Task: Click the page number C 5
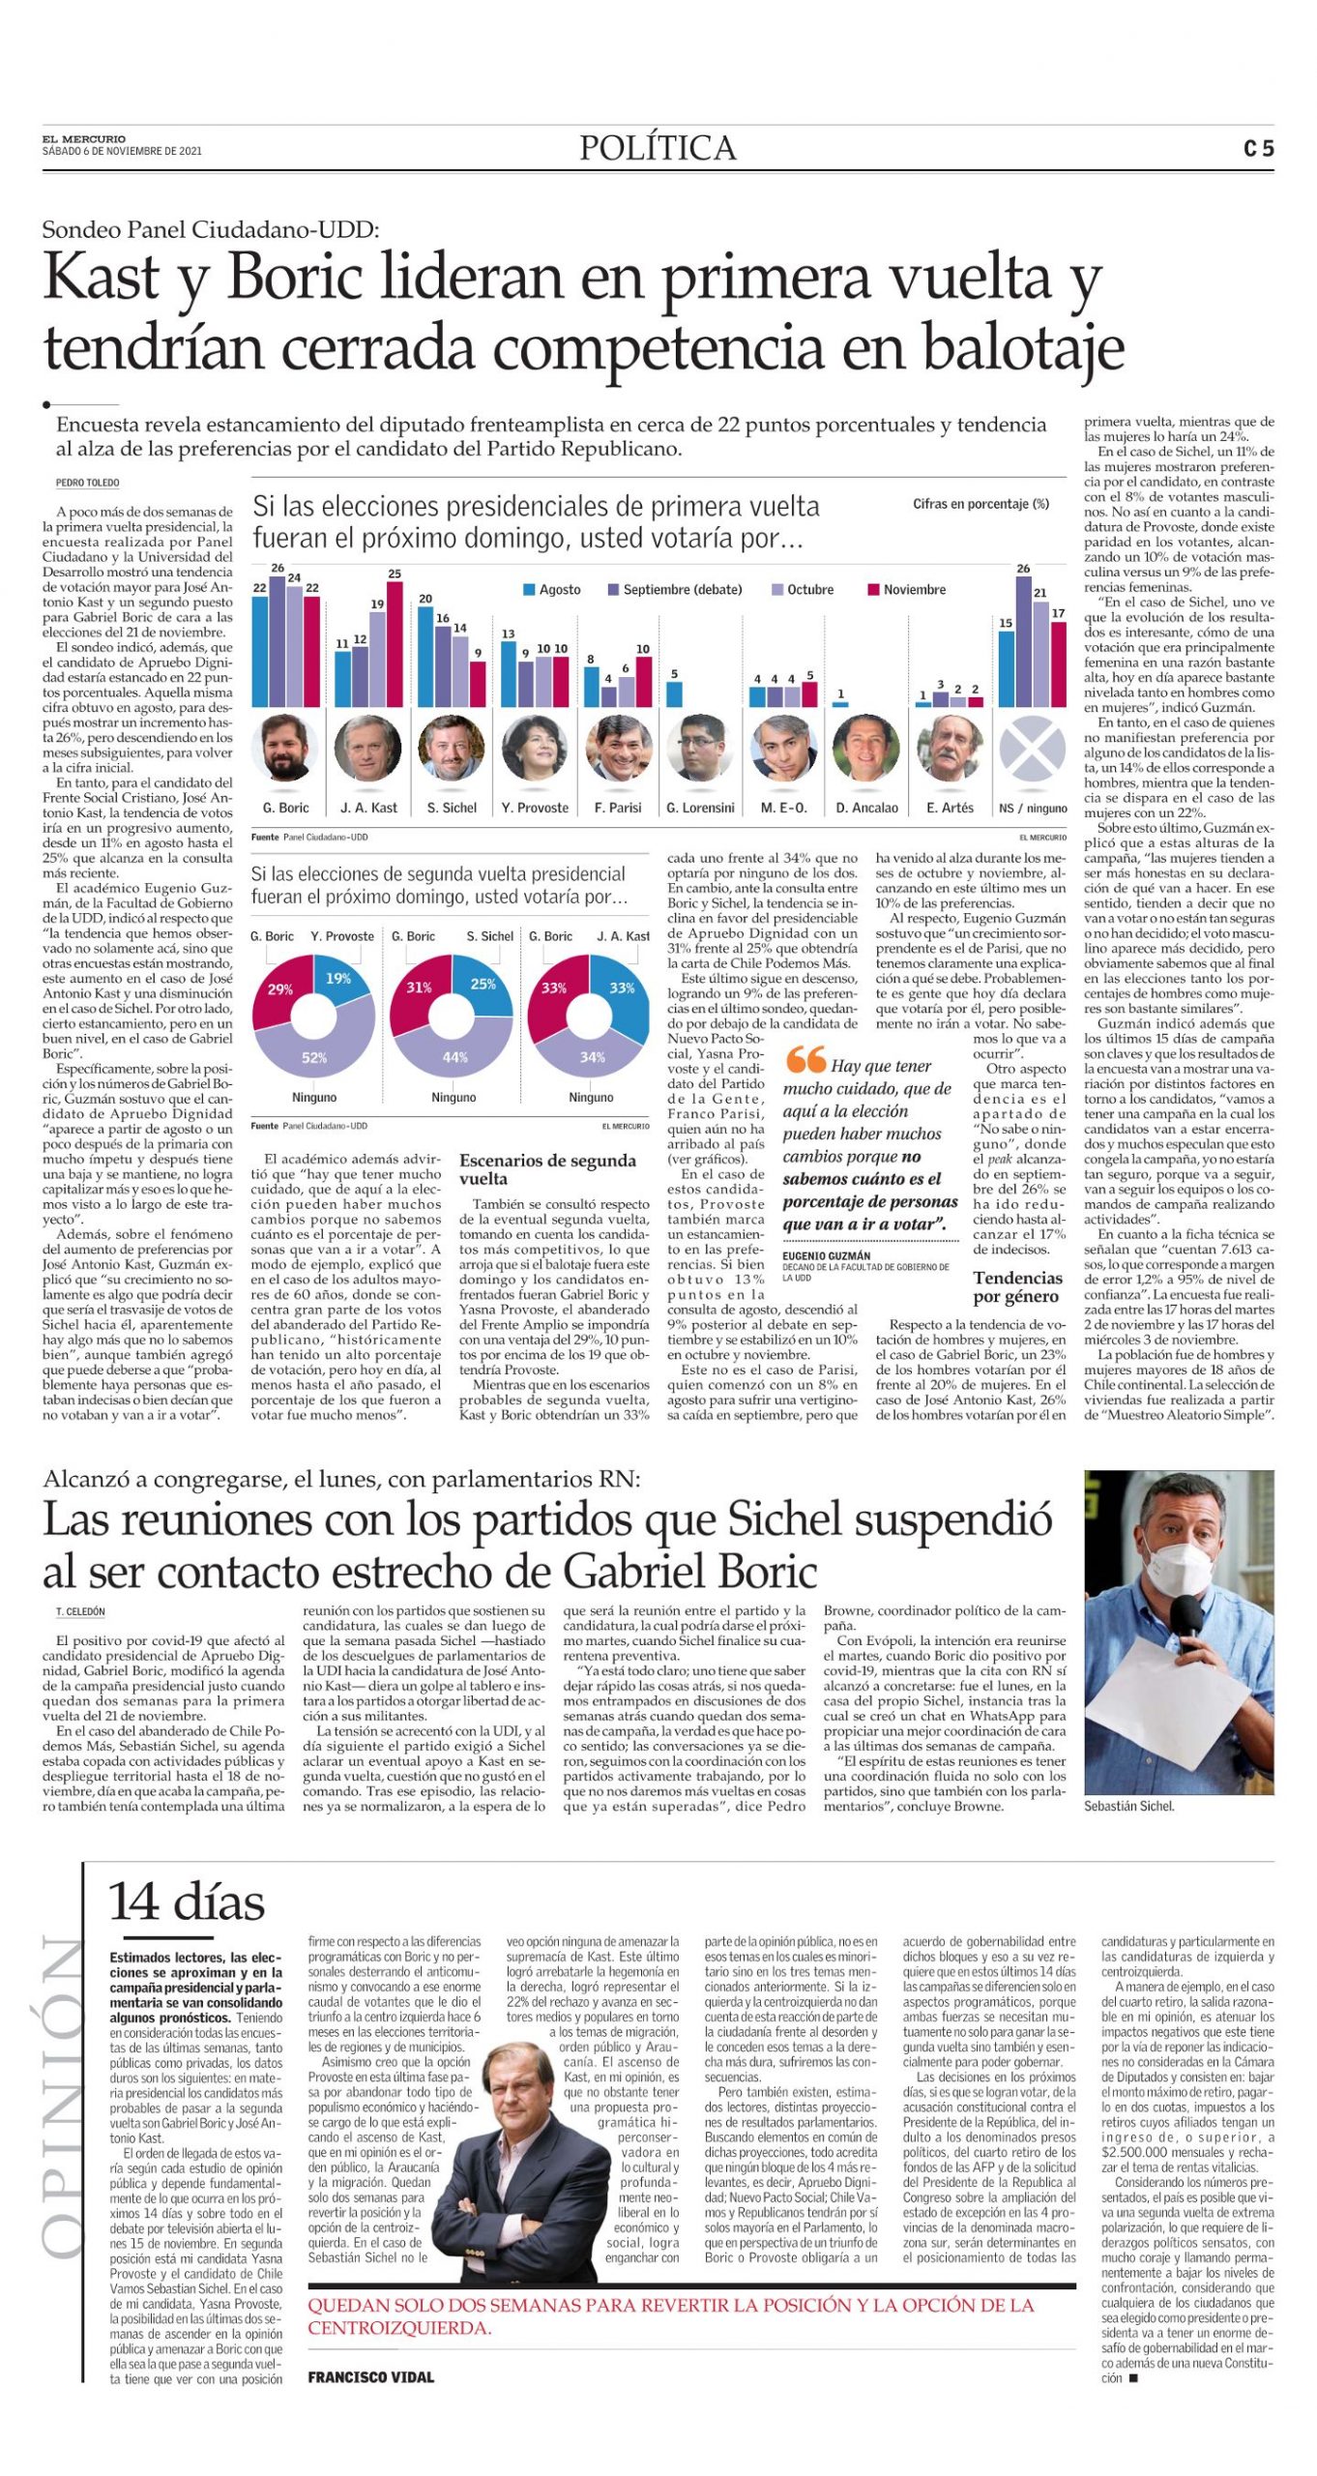click(x=1258, y=148)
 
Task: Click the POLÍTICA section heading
click(x=658, y=147)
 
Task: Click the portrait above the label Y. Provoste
click(x=535, y=749)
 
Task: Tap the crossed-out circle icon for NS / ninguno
click(x=1032, y=749)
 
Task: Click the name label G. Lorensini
click(x=700, y=808)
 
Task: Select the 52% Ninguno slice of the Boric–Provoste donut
click(x=315, y=1048)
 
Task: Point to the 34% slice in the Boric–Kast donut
click(x=592, y=1054)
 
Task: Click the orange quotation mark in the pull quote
click(x=805, y=1060)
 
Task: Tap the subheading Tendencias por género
click(x=1016, y=1287)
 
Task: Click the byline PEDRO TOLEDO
click(x=87, y=483)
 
